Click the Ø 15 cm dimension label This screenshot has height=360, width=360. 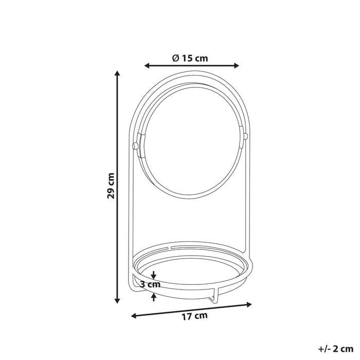pos(190,58)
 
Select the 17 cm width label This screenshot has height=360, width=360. pos(195,315)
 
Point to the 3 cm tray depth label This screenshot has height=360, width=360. pos(150,284)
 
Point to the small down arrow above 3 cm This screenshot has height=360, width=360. pos(153,277)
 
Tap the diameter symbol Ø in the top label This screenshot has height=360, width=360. pos(176,58)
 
